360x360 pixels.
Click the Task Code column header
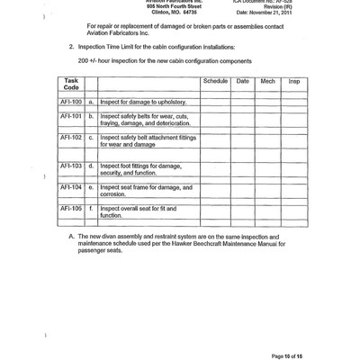click(72, 85)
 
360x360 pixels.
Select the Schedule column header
click(215, 81)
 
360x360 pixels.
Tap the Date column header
click(243, 81)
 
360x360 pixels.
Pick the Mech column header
click(268, 81)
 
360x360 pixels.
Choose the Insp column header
click(294, 81)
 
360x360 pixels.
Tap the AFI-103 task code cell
click(71, 166)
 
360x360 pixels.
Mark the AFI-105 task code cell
click(71, 208)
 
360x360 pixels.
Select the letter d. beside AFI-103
click(92, 166)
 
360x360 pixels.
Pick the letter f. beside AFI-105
click(92, 208)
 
